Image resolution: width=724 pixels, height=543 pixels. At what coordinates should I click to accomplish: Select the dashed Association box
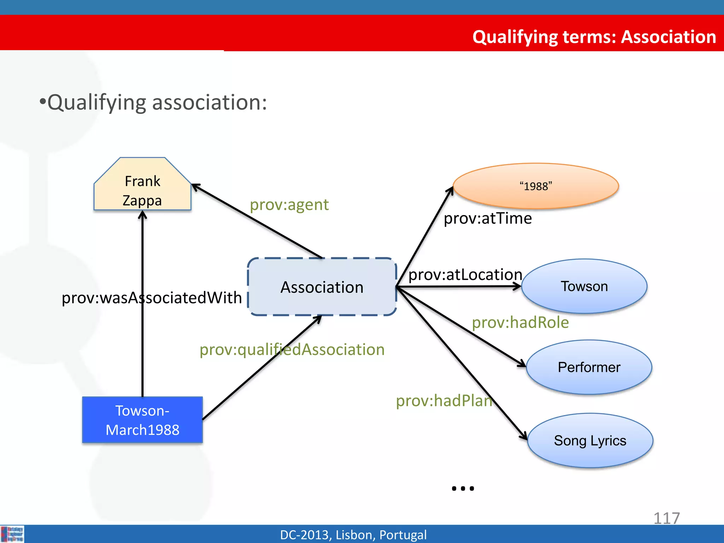pos(322,287)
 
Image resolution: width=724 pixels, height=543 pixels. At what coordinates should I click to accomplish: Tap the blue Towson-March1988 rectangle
pos(142,420)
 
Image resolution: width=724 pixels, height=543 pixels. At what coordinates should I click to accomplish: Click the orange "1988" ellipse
pos(536,186)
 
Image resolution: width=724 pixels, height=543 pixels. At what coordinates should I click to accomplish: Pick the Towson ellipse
pos(584,286)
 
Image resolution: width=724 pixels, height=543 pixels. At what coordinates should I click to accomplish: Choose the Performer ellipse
pos(589,367)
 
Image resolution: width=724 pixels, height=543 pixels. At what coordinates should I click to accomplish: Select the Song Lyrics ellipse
pos(590,441)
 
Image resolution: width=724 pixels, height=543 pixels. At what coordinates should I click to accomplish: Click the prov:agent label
pos(289,205)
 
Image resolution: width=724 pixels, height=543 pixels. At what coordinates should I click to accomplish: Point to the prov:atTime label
pos(487,218)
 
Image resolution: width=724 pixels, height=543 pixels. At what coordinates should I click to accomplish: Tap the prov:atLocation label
pos(465,275)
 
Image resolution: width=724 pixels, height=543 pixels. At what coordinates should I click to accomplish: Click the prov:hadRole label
pos(520,322)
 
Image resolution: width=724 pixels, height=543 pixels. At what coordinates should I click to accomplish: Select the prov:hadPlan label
pos(444,401)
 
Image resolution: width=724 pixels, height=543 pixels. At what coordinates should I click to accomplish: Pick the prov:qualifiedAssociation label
pos(292,350)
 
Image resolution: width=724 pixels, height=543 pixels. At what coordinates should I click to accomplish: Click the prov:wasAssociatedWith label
pos(152,298)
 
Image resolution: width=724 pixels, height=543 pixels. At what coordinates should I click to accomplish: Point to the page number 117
pos(666,518)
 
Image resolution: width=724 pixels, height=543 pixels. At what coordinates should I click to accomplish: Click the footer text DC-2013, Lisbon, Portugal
pos(353,535)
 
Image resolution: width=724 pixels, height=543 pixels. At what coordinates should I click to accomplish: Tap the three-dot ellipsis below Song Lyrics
pos(463,489)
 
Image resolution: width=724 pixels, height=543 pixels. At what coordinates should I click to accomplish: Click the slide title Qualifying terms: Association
pos(594,37)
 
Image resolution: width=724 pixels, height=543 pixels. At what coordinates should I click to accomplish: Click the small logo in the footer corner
pos(12,534)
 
